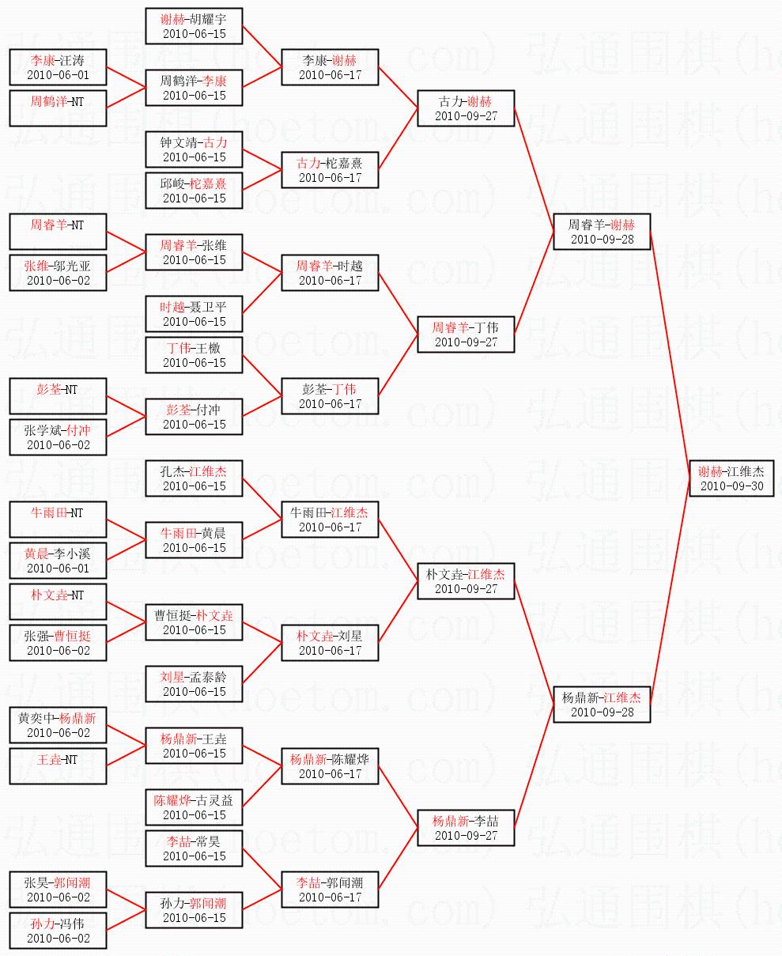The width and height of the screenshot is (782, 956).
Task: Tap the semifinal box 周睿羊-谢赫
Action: click(x=601, y=231)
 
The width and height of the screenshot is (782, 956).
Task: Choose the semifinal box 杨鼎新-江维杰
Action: click(x=601, y=704)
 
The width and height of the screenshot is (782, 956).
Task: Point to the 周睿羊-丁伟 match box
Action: click(x=466, y=334)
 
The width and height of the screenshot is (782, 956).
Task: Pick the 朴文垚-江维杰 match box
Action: click(x=466, y=580)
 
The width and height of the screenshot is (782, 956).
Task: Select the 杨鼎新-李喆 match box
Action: click(x=466, y=827)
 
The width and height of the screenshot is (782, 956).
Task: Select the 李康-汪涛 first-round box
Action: click(x=58, y=67)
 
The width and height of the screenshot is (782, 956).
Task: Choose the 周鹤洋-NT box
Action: click(x=58, y=108)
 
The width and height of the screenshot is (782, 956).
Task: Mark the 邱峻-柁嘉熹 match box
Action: click(x=194, y=191)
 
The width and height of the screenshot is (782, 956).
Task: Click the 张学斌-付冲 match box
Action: click(x=58, y=437)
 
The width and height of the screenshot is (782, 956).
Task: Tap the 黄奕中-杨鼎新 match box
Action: click(x=58, y=725)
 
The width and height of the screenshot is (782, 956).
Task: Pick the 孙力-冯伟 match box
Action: click(x=58, y=931)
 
